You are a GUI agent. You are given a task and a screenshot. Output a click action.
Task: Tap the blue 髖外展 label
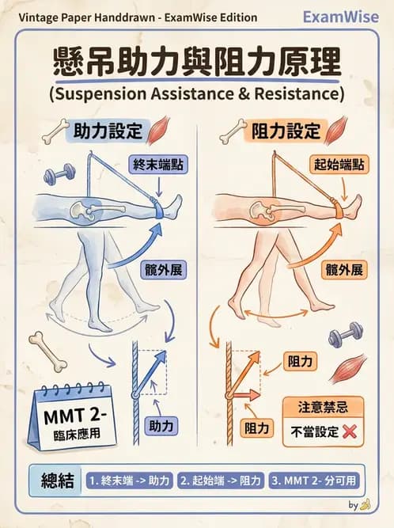(165, 269)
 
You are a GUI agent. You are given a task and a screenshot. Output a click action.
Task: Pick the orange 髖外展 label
(344, 269)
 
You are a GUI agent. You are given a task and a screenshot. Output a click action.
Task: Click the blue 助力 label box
(161, 426)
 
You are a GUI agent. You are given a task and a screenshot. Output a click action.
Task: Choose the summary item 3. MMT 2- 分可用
(313, 480)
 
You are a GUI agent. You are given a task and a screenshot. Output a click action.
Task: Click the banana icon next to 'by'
(365, 503)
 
